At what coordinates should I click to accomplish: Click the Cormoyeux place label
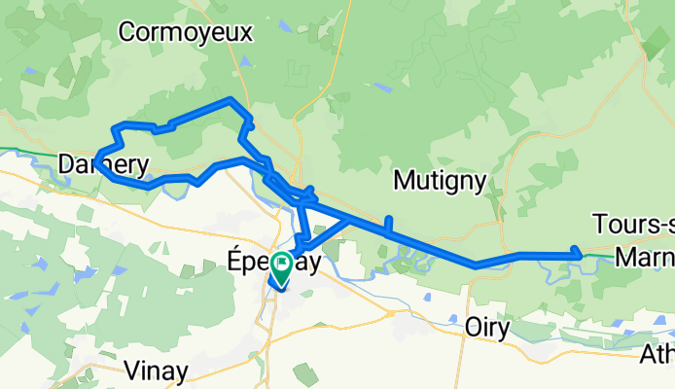click(x=185, y=32)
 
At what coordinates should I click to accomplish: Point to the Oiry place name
click(x=487, y=329)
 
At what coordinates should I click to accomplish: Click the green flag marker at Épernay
click(x=282, y=267)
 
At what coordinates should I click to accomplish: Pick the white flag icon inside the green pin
click(x=282, y=263)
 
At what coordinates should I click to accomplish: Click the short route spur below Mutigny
click(x=389, y=224)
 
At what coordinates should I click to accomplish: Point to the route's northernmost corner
click(x=230, y=99)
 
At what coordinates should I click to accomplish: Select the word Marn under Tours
click(x=643, y=255)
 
